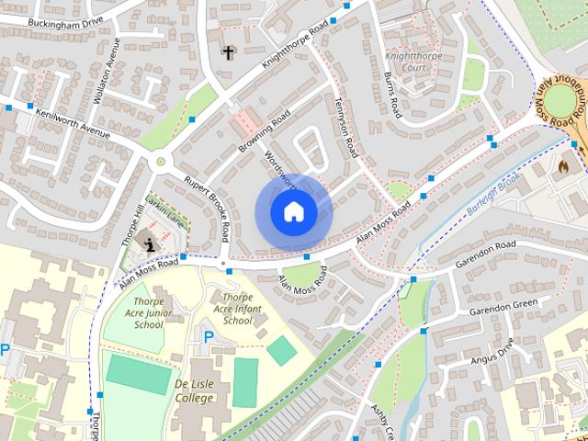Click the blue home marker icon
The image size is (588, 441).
(x=292, y=212)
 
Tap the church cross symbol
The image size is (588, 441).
(x=228, y=52)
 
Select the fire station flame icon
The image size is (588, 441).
(x=563, y=166)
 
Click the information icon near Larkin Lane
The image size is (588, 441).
(x=150, y=244)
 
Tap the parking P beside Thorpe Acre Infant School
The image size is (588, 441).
(x=208, y=337)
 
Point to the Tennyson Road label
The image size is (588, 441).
(x=344, y=128)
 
